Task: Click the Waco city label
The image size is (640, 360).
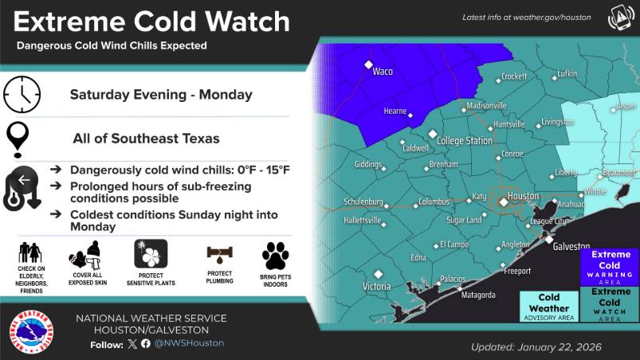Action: [x=383, y=72]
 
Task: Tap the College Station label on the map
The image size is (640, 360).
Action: [x=465, y=141]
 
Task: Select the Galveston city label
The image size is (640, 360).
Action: [x=571, y=247]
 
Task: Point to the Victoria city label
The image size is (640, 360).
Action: [x=376, y=286]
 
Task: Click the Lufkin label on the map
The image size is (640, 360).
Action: [x=567, y=73]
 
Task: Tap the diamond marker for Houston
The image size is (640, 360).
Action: [x=504, y=203]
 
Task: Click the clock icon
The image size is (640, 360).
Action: [x=22, y=94]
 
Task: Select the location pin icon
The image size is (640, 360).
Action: [x=18, y=139]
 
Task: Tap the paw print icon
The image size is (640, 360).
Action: [x=275, y=256]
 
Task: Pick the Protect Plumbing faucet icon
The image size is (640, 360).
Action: [x=219, y=255]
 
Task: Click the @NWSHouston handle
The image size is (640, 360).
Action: [x=189, y=343]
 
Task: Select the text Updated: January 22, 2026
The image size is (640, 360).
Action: [x=536, y=347]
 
